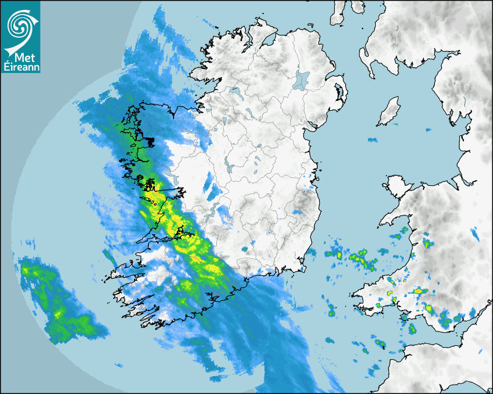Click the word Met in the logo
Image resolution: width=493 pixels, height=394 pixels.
(24, 57)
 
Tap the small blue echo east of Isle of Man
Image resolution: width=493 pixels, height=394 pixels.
(429, 130)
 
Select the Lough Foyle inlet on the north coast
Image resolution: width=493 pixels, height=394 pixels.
(267, 41)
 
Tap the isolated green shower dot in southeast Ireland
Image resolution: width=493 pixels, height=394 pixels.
(244, 249)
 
